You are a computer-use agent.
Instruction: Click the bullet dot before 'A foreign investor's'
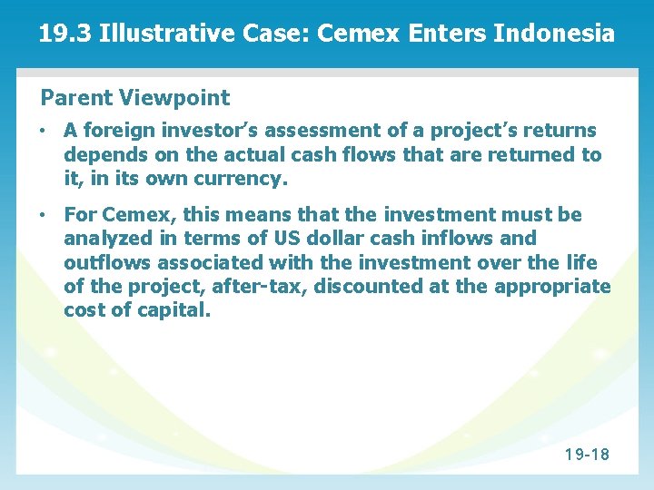click(x=44, y=132)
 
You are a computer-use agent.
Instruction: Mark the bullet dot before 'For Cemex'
click(x=44, y=216)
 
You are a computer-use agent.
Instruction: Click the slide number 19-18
click(x=586, y=454)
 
